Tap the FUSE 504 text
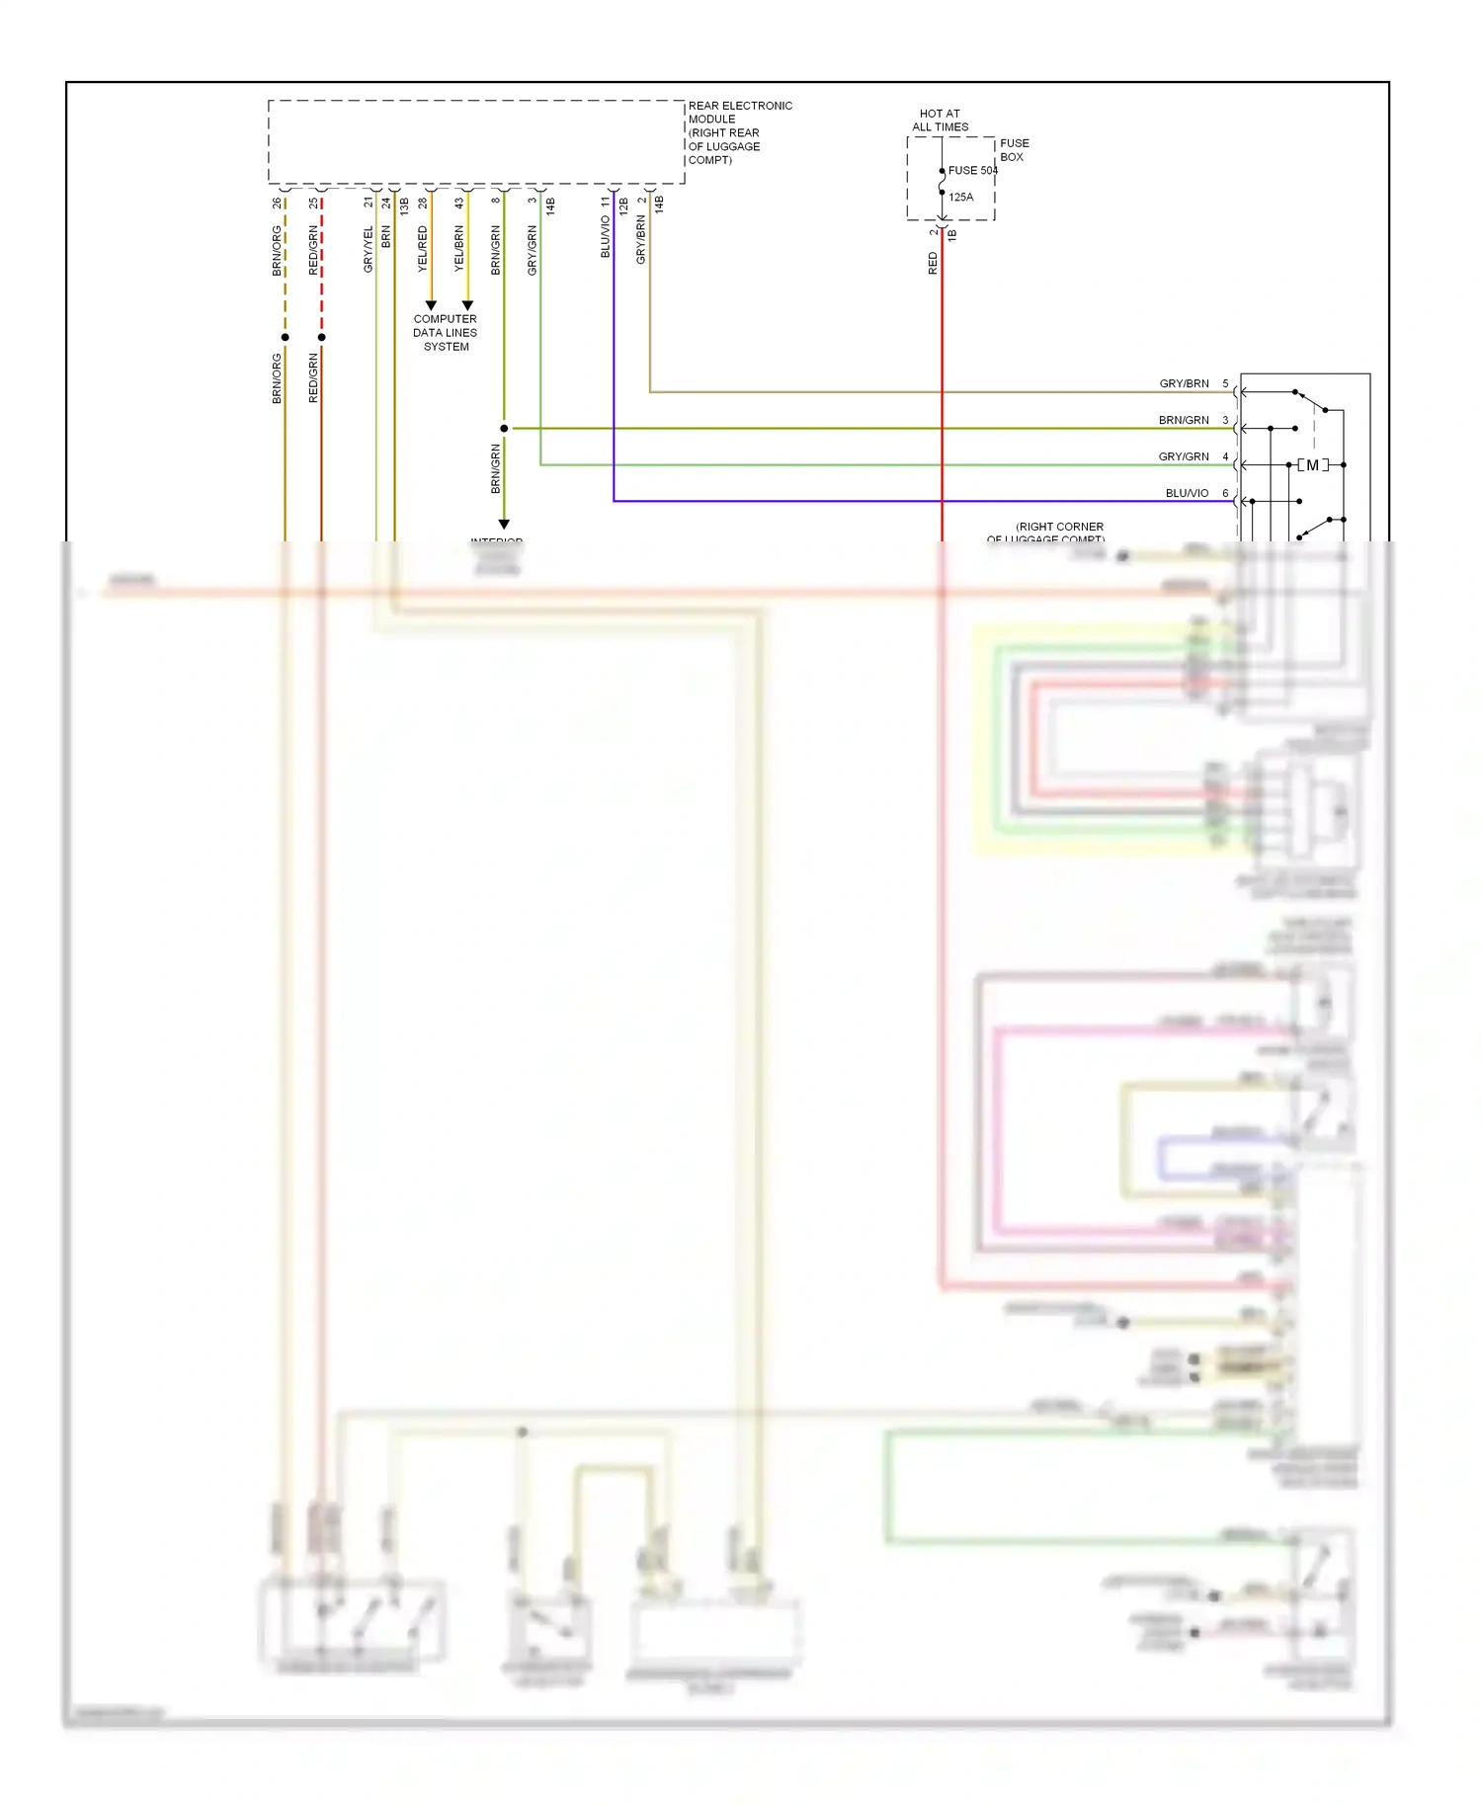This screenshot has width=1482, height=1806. (972, 170)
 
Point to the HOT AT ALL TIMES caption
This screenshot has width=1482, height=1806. (940, 121)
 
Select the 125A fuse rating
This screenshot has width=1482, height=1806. (960, 197)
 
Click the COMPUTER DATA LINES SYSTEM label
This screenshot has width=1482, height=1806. (446, 333)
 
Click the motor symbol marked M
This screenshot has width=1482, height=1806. (1313, 464)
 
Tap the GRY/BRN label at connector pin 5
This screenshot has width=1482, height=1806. (1184, 383)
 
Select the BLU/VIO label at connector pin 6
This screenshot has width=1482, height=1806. (1187, 493)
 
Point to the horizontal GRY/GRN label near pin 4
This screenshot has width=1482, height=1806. (1184, 456)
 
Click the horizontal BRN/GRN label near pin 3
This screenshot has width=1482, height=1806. (1184, 420)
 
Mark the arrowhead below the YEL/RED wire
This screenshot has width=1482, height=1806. (431, 305)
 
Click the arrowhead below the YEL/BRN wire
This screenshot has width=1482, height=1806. (467, 305)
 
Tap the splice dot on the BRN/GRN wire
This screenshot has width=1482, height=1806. (504, 428)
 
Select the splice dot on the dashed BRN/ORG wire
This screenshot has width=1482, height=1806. (286, 337)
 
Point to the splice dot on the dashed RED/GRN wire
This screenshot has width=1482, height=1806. (322, 337)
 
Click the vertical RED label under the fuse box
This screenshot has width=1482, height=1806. (933, 263)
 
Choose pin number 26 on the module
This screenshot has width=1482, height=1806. (277, 203)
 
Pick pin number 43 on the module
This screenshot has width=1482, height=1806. (459, 203)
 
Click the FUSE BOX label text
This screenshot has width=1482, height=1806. (1014, 150)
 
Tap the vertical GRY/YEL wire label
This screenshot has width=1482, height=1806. (369, 249)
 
